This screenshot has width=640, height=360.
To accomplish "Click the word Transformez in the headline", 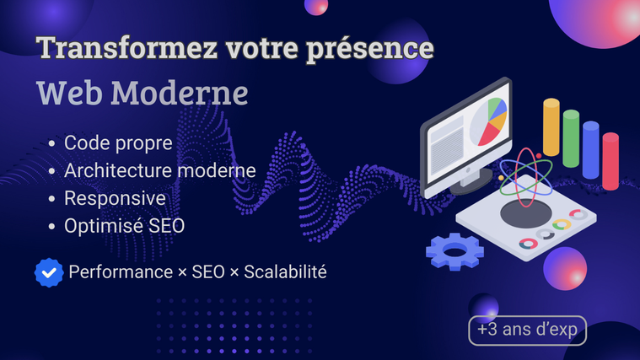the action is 126,48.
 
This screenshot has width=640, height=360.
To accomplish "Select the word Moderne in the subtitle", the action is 180,93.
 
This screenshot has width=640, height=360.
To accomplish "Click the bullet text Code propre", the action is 118,143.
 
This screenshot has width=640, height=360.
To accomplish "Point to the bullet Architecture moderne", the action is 160,170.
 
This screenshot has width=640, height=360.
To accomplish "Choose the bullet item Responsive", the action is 116,199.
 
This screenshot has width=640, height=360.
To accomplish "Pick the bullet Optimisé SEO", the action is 125,226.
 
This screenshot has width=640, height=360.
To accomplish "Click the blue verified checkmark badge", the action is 49,272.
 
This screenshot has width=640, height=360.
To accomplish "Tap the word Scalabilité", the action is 285,271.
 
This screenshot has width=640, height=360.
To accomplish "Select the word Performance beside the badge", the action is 121,271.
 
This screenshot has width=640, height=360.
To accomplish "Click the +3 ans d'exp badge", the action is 527,330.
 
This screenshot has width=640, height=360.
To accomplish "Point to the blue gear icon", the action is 454,251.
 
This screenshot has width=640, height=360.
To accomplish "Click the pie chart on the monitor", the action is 488,121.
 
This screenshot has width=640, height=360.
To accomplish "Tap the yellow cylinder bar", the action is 551,127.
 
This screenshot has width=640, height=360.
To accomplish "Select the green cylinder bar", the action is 571,139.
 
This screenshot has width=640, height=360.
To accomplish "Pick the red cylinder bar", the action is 610,161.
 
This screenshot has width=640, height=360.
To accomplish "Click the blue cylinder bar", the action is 590,150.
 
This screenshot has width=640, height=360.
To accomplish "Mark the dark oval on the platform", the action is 526,214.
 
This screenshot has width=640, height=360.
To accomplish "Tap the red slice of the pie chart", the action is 489,135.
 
